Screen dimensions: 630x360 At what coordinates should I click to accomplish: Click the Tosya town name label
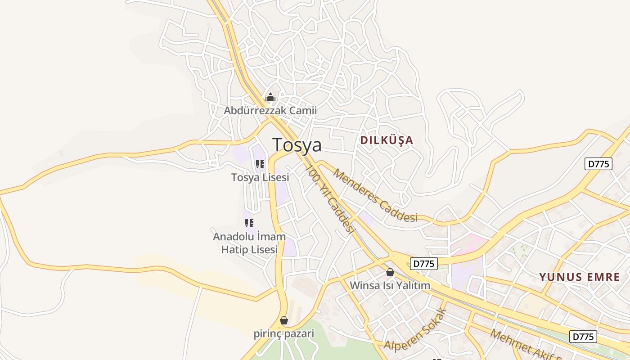pyautogui.click(x=297, y=145)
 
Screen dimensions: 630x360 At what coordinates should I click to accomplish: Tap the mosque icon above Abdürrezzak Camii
pyautogui.click(x=270, y=97)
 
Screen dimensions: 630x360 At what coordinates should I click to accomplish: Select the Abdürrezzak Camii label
pyautogui.click(x=270, y=110)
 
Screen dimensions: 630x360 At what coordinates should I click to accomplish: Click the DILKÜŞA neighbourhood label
pyautogui.click(x=387, y=140)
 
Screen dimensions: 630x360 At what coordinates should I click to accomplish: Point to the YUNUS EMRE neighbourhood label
pyautogui.click(x=580, y=277)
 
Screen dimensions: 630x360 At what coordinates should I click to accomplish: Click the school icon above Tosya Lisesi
pyautogui.click(x=260, y=164)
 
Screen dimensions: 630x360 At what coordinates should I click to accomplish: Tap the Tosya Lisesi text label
pyautogui.click(x=260, y=177)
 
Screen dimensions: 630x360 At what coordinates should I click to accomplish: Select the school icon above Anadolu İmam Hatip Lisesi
pyautogui.click(x=249, y=223)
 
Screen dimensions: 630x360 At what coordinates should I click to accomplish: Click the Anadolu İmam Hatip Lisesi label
pyautogui.click(x=249, y=243)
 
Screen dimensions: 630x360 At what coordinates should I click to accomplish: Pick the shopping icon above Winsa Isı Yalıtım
pyautogui.click(x=390, y=272)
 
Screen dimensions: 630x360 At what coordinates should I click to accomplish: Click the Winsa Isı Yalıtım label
pyautogui.click(x=390, y=285)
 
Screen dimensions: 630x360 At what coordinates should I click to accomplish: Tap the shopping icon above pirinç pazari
pyautogui.click(x=284, y=320)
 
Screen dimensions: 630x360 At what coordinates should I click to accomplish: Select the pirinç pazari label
pyautogui.click(x=284, y=333)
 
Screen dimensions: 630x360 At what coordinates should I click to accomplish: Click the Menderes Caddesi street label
pyautogui.click(x=375, y=196)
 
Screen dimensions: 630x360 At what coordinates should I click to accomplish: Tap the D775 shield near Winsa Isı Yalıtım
pyautogui.click(x=424, y=264)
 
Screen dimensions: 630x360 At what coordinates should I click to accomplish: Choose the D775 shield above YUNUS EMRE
pyautogui.click(x=599, y=164)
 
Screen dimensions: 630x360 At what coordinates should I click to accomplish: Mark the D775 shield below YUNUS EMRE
pyautogui.click(x=583, y=336)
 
